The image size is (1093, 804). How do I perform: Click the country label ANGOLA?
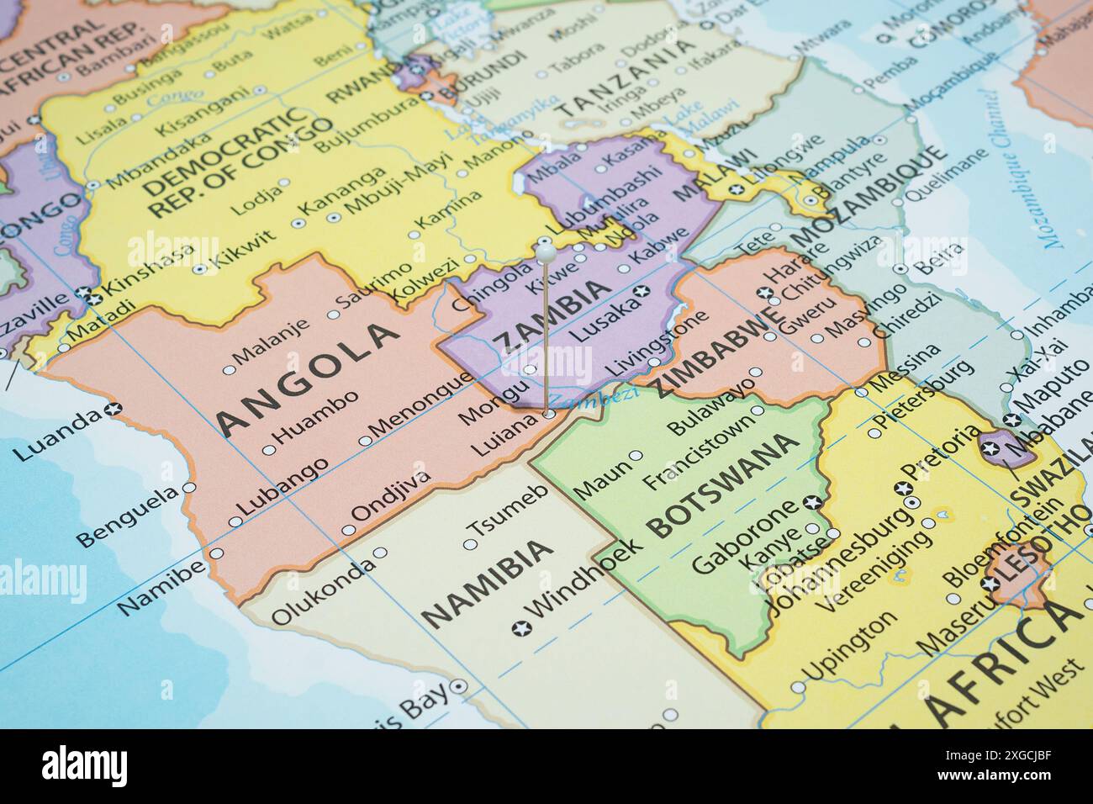(x=307, y=378)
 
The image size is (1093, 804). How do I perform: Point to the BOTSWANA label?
(x=723, y=486)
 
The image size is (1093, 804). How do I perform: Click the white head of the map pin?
(x=545, y=249)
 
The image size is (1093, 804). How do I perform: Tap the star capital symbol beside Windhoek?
(x=521, y=627)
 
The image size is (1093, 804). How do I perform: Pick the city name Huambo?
(x=317, y=416)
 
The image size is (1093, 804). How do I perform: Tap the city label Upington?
(x=849, y=647)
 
